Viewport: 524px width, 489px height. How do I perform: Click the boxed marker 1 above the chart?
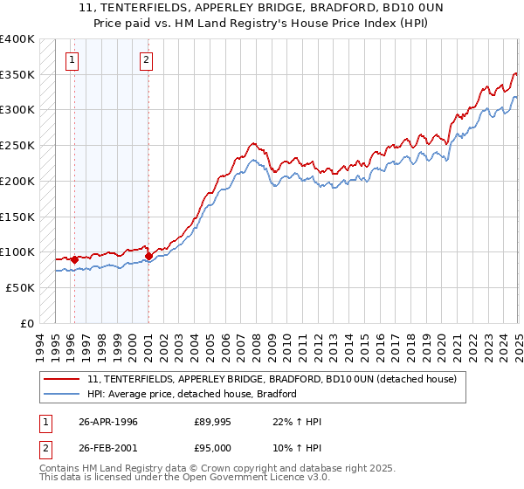coord(71,60)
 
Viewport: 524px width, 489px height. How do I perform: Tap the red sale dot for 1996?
coord(75,258)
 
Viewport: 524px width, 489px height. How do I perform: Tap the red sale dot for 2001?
coord(148,256)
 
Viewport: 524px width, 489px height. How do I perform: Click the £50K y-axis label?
coord(21,287)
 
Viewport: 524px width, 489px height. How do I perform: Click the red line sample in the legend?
coord(62,380)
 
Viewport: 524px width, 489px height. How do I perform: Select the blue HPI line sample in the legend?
coord(62,394)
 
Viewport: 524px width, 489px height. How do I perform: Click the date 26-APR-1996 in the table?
coord(108,422)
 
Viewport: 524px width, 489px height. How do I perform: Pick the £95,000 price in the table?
coord(213,448)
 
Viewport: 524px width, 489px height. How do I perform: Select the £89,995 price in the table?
coord(213,422)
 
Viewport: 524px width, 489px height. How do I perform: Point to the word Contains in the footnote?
coord(60,469)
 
